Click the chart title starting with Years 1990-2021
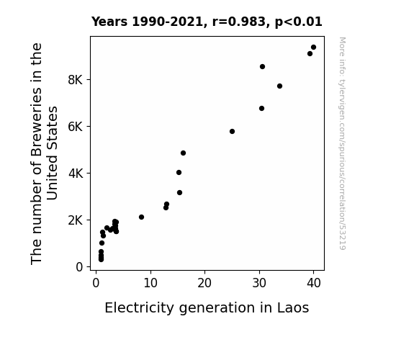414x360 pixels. tap(207, 22)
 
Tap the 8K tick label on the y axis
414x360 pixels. tap(76, 80)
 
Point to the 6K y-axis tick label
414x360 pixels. tap(76, 127)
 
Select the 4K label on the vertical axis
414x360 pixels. tap(76, 174)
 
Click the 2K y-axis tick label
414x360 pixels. tap(76, 220)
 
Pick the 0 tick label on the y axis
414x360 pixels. tap(79, 267)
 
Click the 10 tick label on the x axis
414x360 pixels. tap(150, 283)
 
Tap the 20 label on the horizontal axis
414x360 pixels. tap(204, 283)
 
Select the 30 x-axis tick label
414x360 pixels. tap(259, 283)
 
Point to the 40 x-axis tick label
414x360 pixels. tap(314, 283)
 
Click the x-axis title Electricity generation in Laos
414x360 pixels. tap(207, 307)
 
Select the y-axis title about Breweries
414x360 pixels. tap(44, 153)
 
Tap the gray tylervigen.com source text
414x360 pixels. tap(342, 143)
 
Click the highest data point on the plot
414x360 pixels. tap(313, 48)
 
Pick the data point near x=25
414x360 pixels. tap(232, 131)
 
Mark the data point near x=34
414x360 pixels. tap(279, 86)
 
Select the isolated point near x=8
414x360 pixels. tap(141, 217)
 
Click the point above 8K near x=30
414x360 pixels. tap(262, 66)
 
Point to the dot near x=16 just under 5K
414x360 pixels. tap(183, 153)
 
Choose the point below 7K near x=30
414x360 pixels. tap(261, 108)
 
